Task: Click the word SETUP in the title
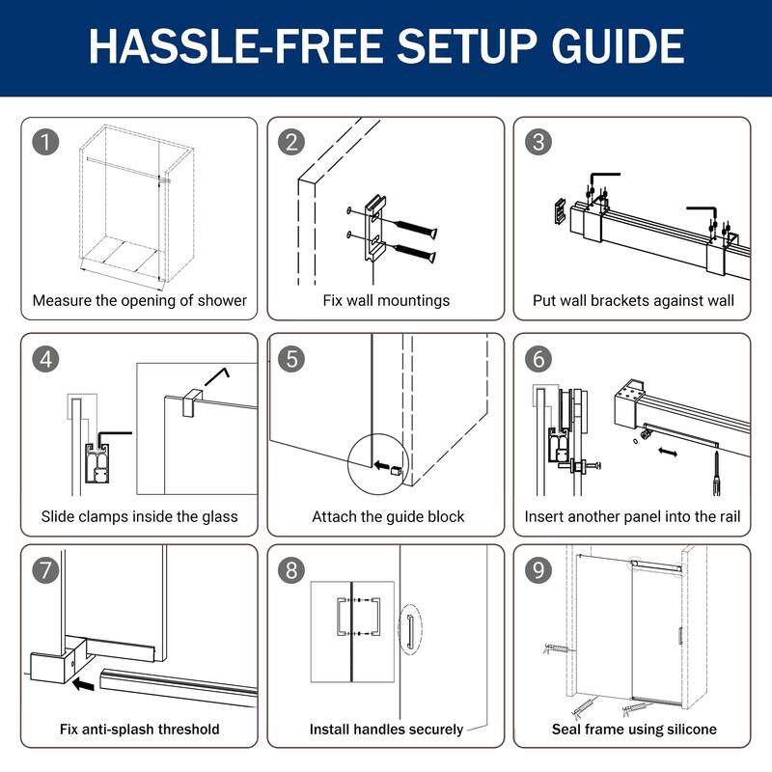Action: pos(467,45)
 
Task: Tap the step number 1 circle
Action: pos(45,142)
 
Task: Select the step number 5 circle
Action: pos(291,358)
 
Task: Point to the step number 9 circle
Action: pos(538,570)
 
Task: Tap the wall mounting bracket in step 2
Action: pos(374,229)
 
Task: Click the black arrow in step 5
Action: pos(381,465)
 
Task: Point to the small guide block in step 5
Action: pos(397,471)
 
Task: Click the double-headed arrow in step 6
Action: pos(668,452)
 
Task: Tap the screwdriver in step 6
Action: pos(716,474)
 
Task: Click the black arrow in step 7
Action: pos(83,684)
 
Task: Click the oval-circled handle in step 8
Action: pos(409,630)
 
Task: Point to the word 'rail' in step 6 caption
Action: pos(731,516)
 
